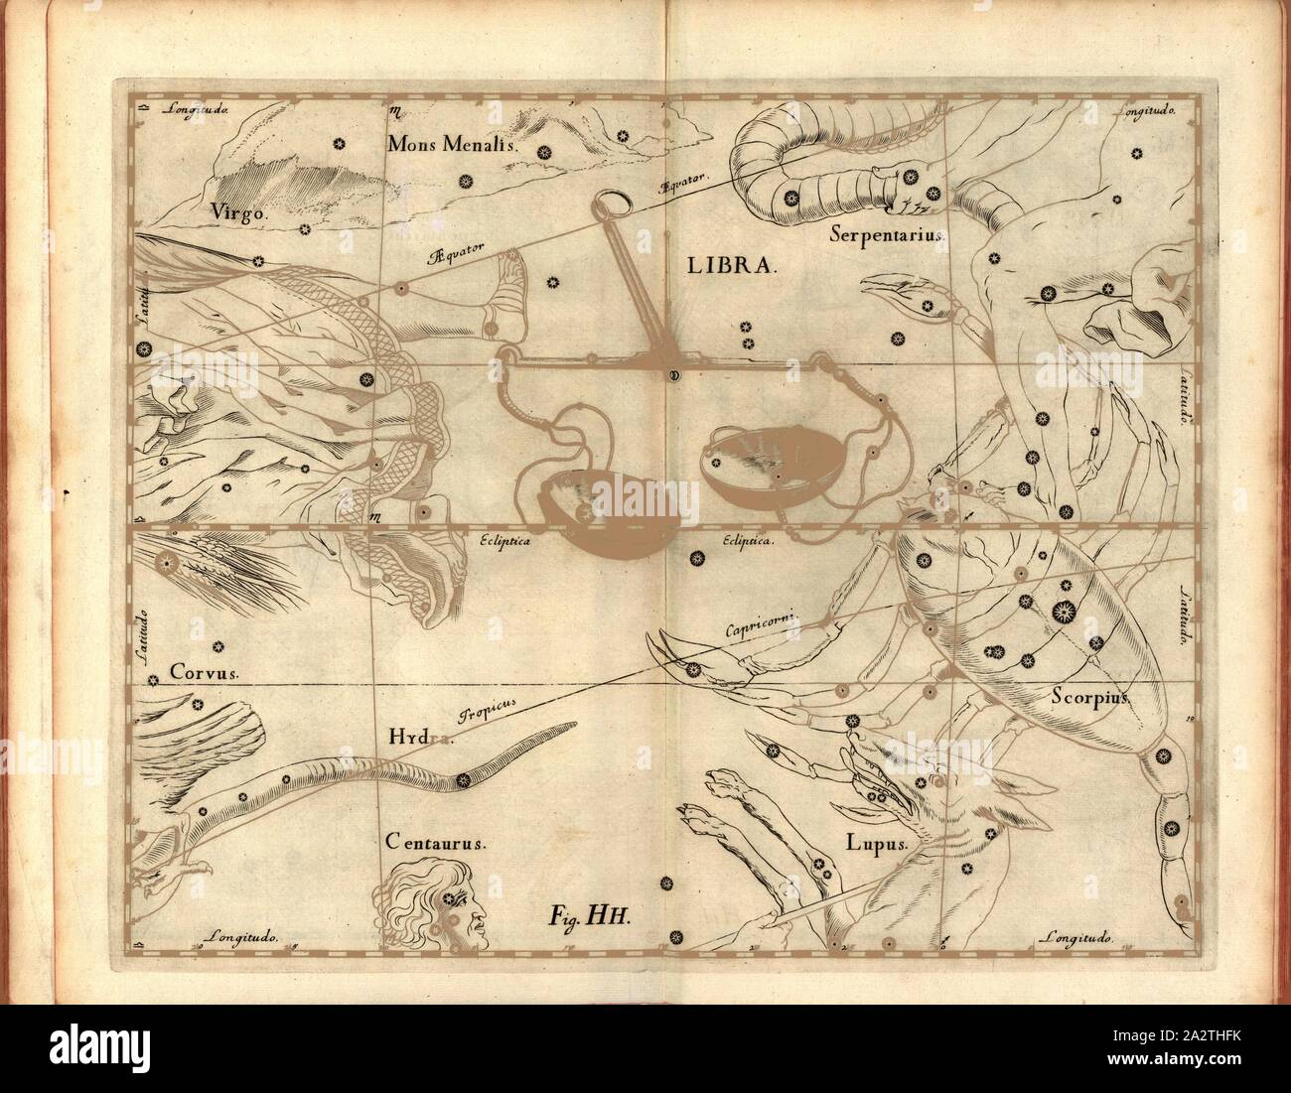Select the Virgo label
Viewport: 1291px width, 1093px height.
point(232,211)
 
